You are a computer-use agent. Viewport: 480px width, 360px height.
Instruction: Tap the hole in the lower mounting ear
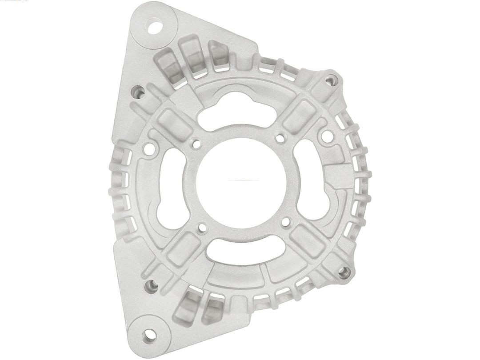(x=150, y=334)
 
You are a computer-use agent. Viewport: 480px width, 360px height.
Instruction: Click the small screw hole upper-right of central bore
(x=280, y=139)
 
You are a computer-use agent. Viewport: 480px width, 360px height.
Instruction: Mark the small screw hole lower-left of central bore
(x=202, y=228)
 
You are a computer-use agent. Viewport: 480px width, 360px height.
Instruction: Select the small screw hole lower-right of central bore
(x=286, y=221)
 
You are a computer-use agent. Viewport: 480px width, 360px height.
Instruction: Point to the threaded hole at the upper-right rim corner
(x=332, y=80)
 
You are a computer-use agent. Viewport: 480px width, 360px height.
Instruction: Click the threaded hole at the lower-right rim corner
(x=344, y=272)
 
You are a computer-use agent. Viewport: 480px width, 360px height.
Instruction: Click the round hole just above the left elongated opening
(x=150, y=149)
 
